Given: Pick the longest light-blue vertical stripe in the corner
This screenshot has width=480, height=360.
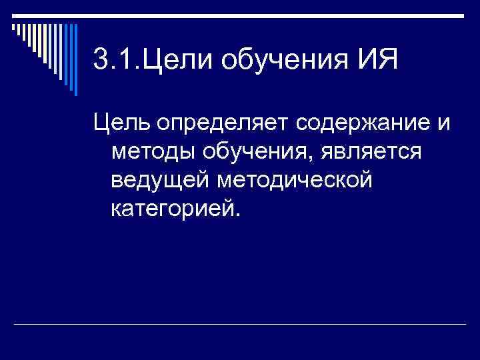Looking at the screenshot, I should tap(75, 59).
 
